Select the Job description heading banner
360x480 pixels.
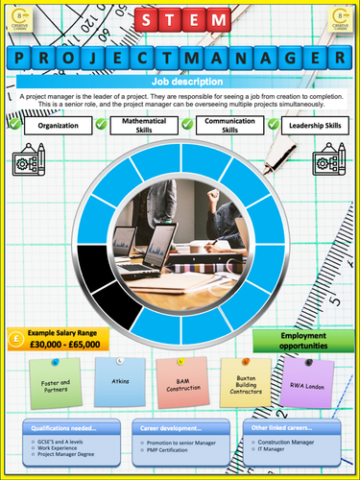(x=180, y=82)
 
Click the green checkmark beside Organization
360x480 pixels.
(x=13, y=124)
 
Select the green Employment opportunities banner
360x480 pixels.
(x=298, y=341)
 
